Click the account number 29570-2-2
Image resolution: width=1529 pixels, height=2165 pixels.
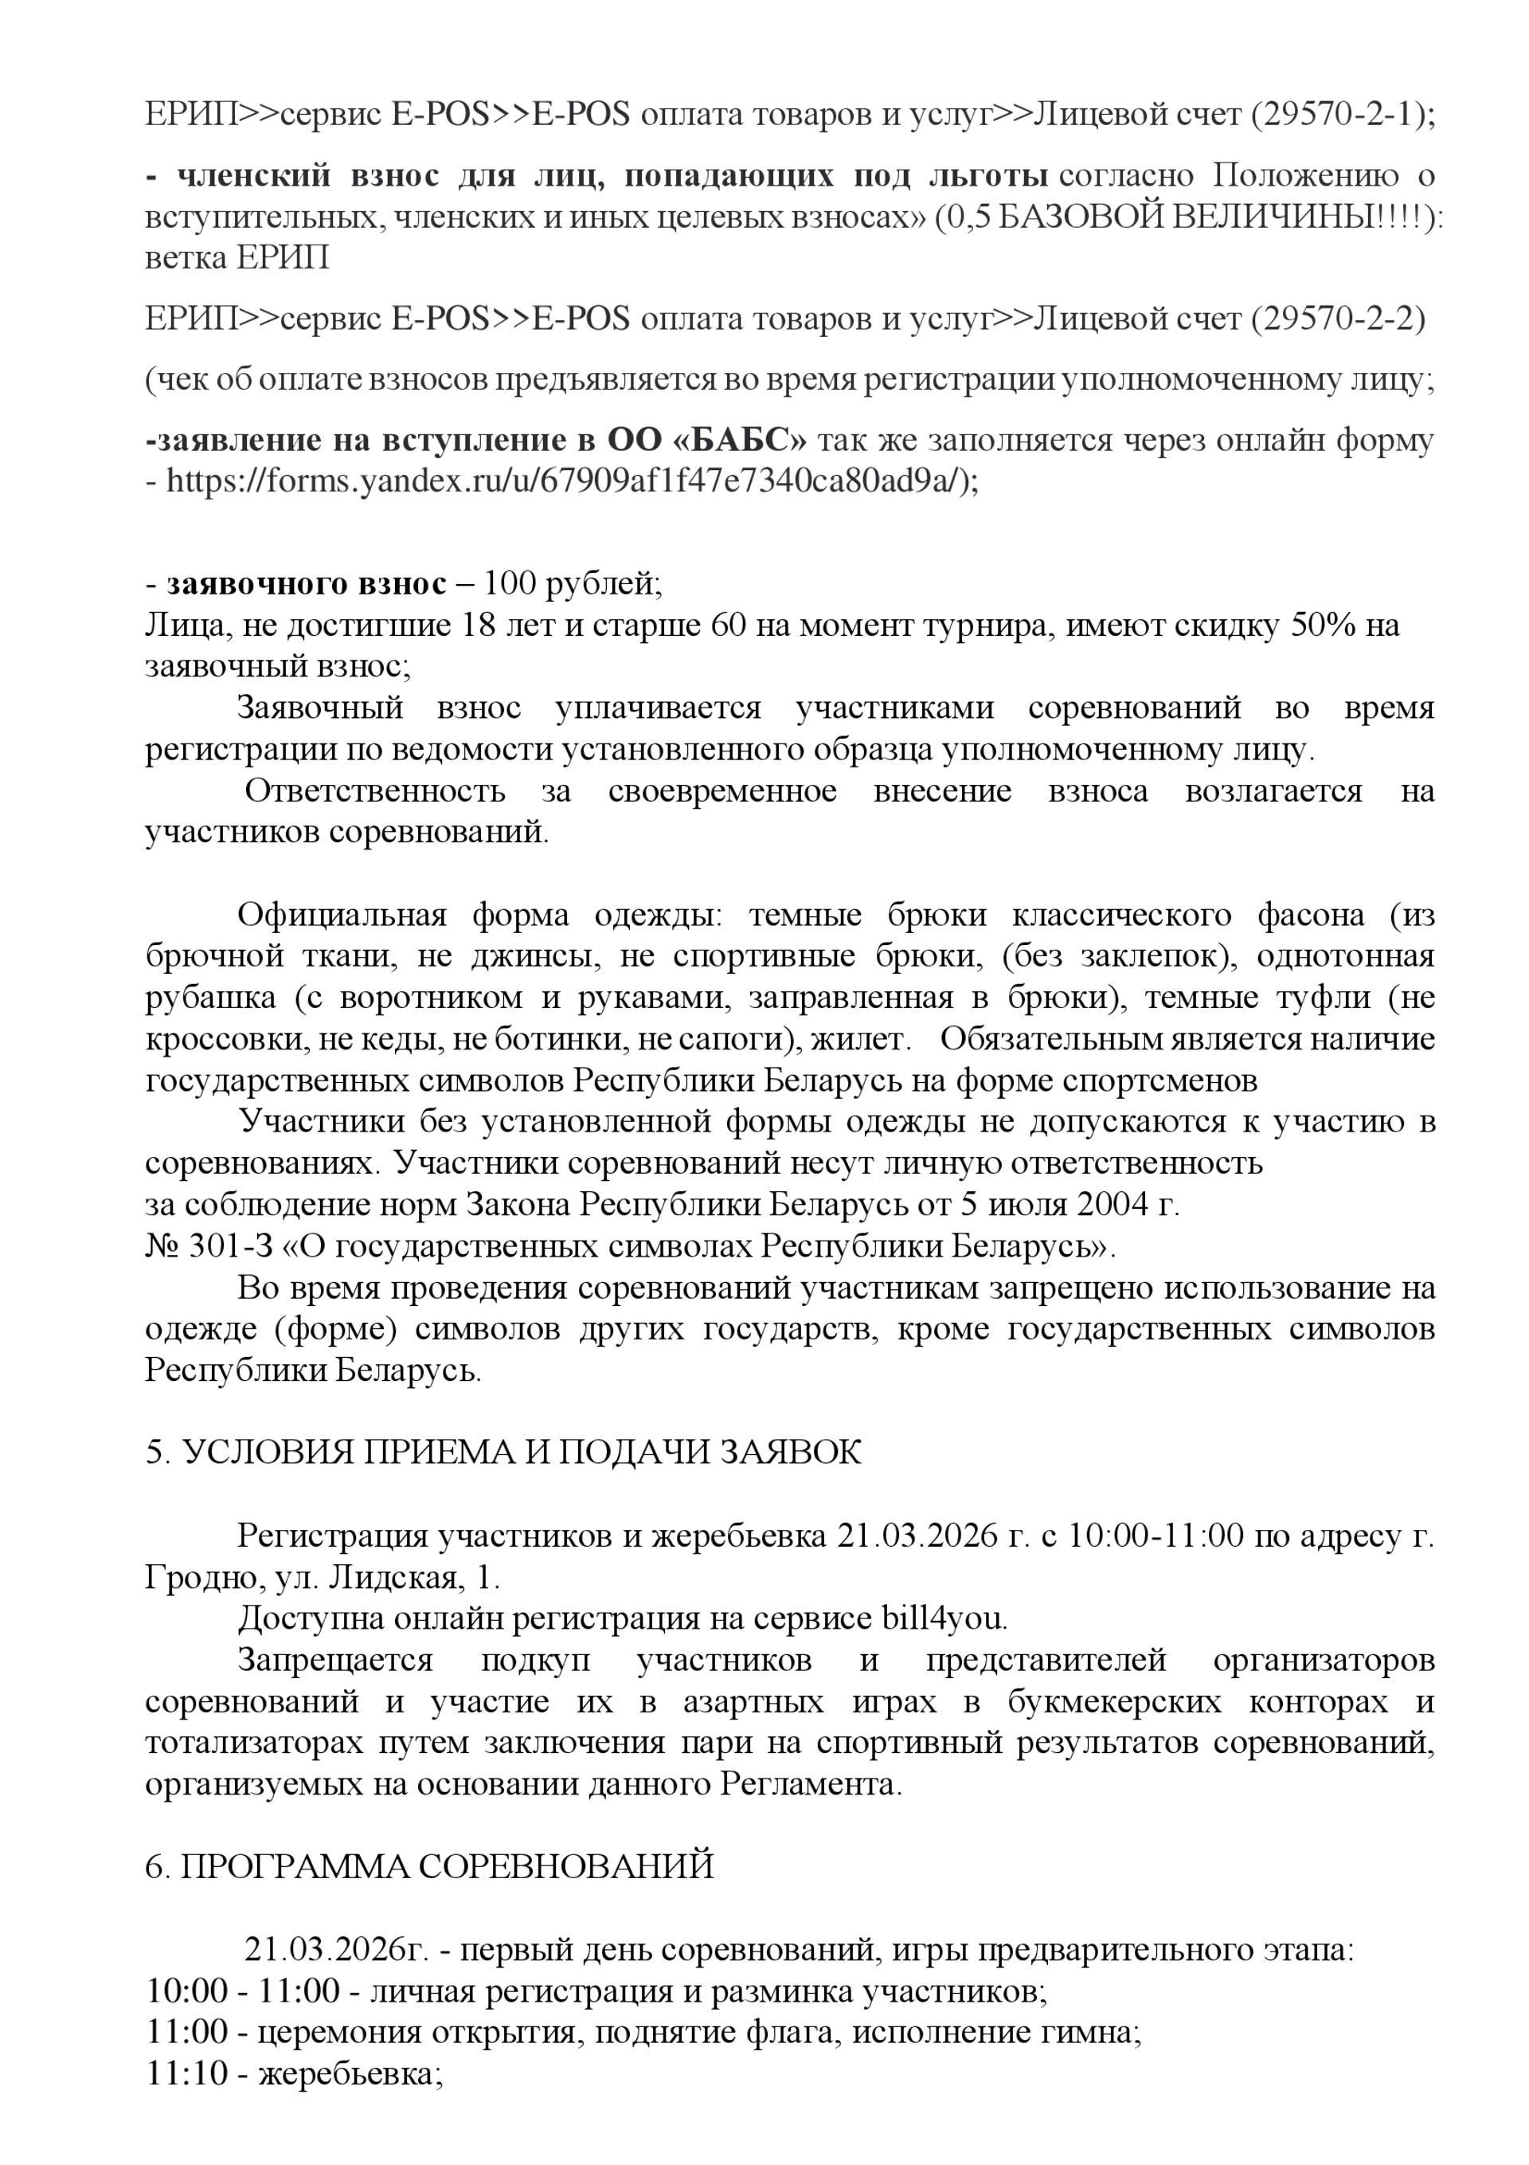(1339, 320)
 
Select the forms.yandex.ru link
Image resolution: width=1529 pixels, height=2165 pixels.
(565, 482)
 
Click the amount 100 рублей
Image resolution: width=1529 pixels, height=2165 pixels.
(570, 584)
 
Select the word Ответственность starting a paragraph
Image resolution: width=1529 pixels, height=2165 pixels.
(374, 790)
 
